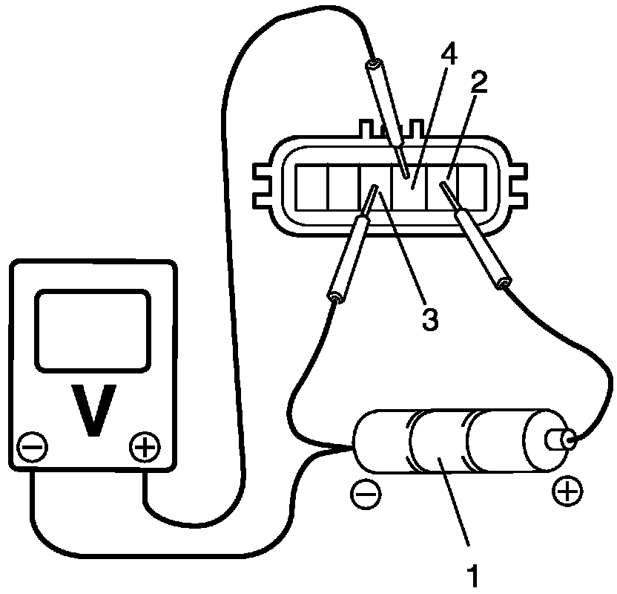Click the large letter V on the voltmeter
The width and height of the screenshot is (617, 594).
94,409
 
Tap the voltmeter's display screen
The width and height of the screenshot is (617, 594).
91,330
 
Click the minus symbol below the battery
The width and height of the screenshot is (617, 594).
364,493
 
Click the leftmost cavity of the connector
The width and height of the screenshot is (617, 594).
312,186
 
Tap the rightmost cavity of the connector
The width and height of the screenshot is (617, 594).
472,186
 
